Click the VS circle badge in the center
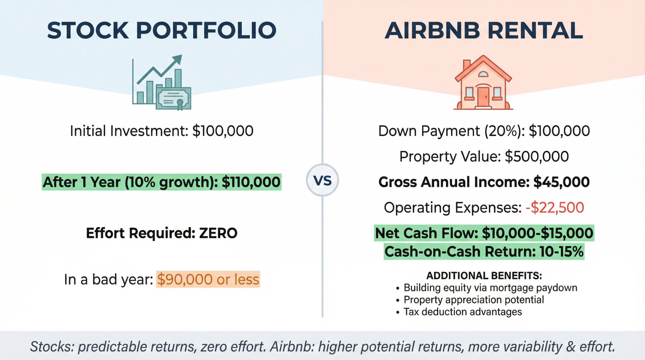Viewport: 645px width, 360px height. tap(322, 180)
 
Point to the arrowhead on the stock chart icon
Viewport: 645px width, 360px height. tap(178, 60)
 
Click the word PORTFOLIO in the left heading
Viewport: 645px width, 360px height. tap(206, 31)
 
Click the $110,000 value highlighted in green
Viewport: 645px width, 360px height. tap(251, 182)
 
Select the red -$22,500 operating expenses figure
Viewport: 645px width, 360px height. tap(555, 207)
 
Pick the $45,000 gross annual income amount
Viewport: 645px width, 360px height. tap(561, 182)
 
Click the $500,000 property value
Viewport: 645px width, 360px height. tap(537, 157)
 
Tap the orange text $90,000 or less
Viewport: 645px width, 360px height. tap(208, 279)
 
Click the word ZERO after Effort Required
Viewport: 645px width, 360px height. tap(218, 233)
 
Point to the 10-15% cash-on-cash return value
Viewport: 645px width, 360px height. tap(561, 252)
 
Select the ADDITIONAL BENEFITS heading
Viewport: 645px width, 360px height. tap(484, 276)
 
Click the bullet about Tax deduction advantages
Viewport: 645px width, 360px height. tap(462, 312)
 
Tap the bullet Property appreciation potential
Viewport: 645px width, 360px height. tap(473, 300)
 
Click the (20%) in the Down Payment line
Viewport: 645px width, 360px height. tap(504, 131)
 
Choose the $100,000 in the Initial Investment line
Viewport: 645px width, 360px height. tap(223, 131)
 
